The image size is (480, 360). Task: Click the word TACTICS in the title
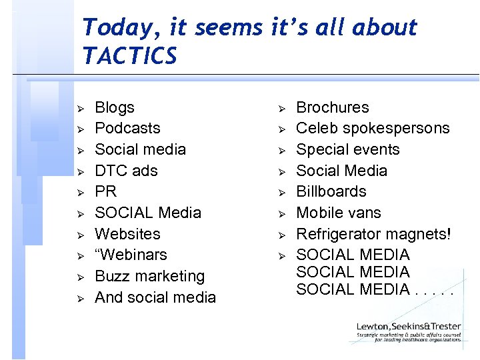click(x=130, y=56)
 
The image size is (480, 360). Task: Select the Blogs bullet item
click(x=115, y=107)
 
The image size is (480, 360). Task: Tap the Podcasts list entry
click(x=127, y=128)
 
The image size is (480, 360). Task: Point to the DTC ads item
click(x=126, y=171)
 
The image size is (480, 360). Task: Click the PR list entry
click(x=106, y=191)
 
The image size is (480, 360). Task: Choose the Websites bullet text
click(x=127, y=234)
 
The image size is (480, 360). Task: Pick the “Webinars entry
click(x=131, y=255)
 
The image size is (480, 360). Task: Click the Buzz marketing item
click(x=149, y=276)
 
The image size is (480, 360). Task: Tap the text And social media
click(x=155, y=297)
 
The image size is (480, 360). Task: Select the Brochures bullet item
click(x=332, y=107)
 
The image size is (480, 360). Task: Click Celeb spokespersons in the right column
click(x=373, y=128)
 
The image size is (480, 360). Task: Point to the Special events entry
click(x=347, y=149)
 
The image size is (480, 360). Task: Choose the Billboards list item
click(x=331, y=191)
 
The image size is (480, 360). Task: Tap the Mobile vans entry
click(x=338, y=213)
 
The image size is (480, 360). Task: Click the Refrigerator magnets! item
click(x=373, y=234)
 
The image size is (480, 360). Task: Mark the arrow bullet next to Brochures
click(x=281, y=108)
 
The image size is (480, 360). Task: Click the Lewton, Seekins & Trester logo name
click(x=408, y=327)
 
